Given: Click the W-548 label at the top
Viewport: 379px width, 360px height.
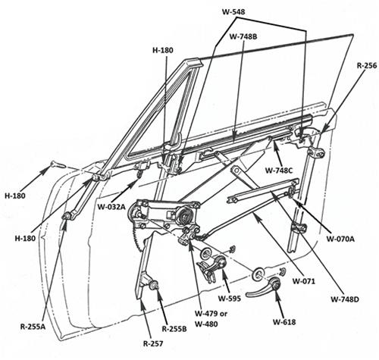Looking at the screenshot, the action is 233,11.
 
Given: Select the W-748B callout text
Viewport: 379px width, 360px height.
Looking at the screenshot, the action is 243,36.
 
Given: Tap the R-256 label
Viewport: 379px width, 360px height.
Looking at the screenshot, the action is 367,66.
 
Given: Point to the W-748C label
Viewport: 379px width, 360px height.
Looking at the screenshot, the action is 279,171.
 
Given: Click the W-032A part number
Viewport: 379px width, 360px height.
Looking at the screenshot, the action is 111,207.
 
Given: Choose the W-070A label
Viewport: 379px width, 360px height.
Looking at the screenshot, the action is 340,239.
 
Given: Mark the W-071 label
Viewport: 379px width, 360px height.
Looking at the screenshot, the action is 304,281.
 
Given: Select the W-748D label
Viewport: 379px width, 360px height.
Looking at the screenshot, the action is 345,299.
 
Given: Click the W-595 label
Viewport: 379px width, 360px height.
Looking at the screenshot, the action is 230,299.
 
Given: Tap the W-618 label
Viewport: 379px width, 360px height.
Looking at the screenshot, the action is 284,322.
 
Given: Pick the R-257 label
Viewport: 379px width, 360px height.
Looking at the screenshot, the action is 153,343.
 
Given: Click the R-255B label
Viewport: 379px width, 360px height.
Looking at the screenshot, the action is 174,329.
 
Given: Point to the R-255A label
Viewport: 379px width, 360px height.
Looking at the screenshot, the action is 33,327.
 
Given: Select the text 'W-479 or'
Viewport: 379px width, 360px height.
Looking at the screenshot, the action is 211,314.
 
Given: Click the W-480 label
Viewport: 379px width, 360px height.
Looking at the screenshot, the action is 206,324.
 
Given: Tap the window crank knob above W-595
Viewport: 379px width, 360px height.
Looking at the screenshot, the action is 220,261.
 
